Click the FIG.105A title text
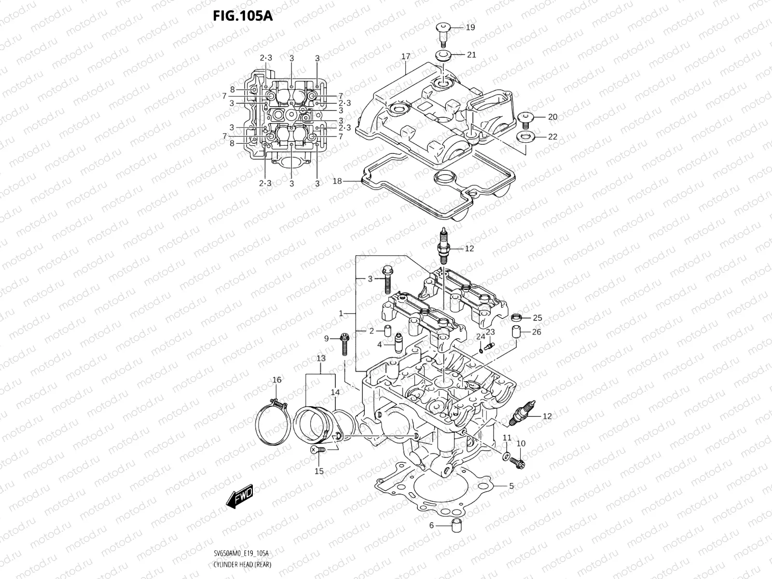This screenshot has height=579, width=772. pos(243,16)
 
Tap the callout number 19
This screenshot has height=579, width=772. pos(470,28)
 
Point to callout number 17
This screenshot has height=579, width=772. pos(405,56)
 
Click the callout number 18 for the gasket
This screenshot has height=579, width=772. pos(337,181)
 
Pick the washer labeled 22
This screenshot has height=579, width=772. pos(525,137)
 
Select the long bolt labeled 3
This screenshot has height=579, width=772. pos(387,280)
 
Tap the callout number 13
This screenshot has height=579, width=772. pos(321,358)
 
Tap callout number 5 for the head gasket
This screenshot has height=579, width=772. pos(511,486)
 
